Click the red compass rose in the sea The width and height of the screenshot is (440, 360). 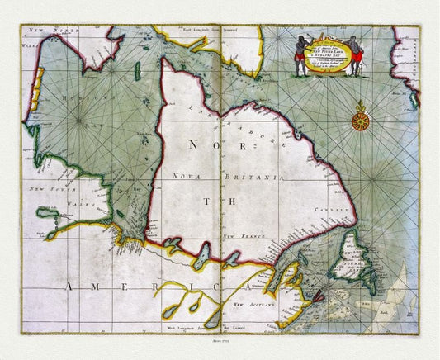tap(359, 120)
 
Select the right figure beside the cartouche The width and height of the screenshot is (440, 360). tap(355, 55)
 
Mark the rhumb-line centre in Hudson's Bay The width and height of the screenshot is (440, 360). tap(80, 121)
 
